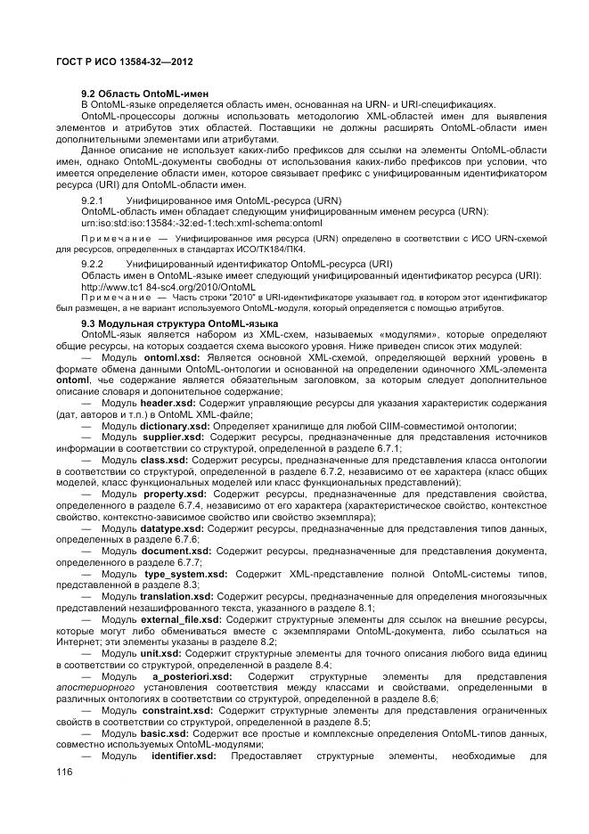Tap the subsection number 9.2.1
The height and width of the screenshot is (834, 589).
(94, 201)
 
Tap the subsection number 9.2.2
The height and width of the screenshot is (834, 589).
(94, 265)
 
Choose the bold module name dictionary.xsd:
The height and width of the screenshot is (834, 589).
(174, 426)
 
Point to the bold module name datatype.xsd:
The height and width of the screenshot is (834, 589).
(172, 529)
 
